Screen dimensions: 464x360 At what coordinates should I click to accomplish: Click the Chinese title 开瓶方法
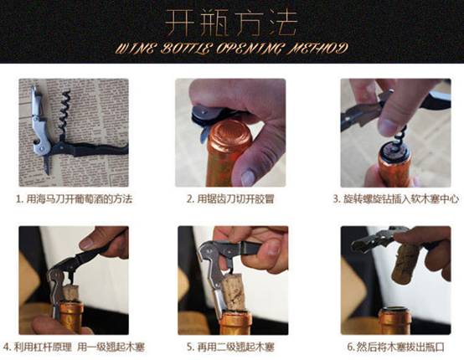click(230, 23)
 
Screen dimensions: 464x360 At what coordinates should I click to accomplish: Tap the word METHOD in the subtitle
click(317, 49)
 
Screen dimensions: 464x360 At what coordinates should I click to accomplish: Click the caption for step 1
click(74, 199)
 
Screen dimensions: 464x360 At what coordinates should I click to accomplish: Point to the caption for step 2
click(230, 199)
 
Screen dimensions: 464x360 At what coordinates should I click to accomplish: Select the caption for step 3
click(396, 199)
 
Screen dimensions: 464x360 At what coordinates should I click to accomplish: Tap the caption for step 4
click(74, 347)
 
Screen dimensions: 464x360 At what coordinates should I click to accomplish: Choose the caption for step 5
click(230, 347)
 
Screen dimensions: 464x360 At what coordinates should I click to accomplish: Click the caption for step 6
click(396, 347)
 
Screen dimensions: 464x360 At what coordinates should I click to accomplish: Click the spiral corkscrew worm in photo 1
click(64, 113)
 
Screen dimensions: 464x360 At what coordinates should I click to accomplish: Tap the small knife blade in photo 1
click(48, 164)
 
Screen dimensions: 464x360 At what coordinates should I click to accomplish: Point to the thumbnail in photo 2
click(248, 177)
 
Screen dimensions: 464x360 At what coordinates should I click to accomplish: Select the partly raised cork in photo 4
click(71, 293)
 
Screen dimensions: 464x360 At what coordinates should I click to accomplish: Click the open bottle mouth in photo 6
click(395, 311)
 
